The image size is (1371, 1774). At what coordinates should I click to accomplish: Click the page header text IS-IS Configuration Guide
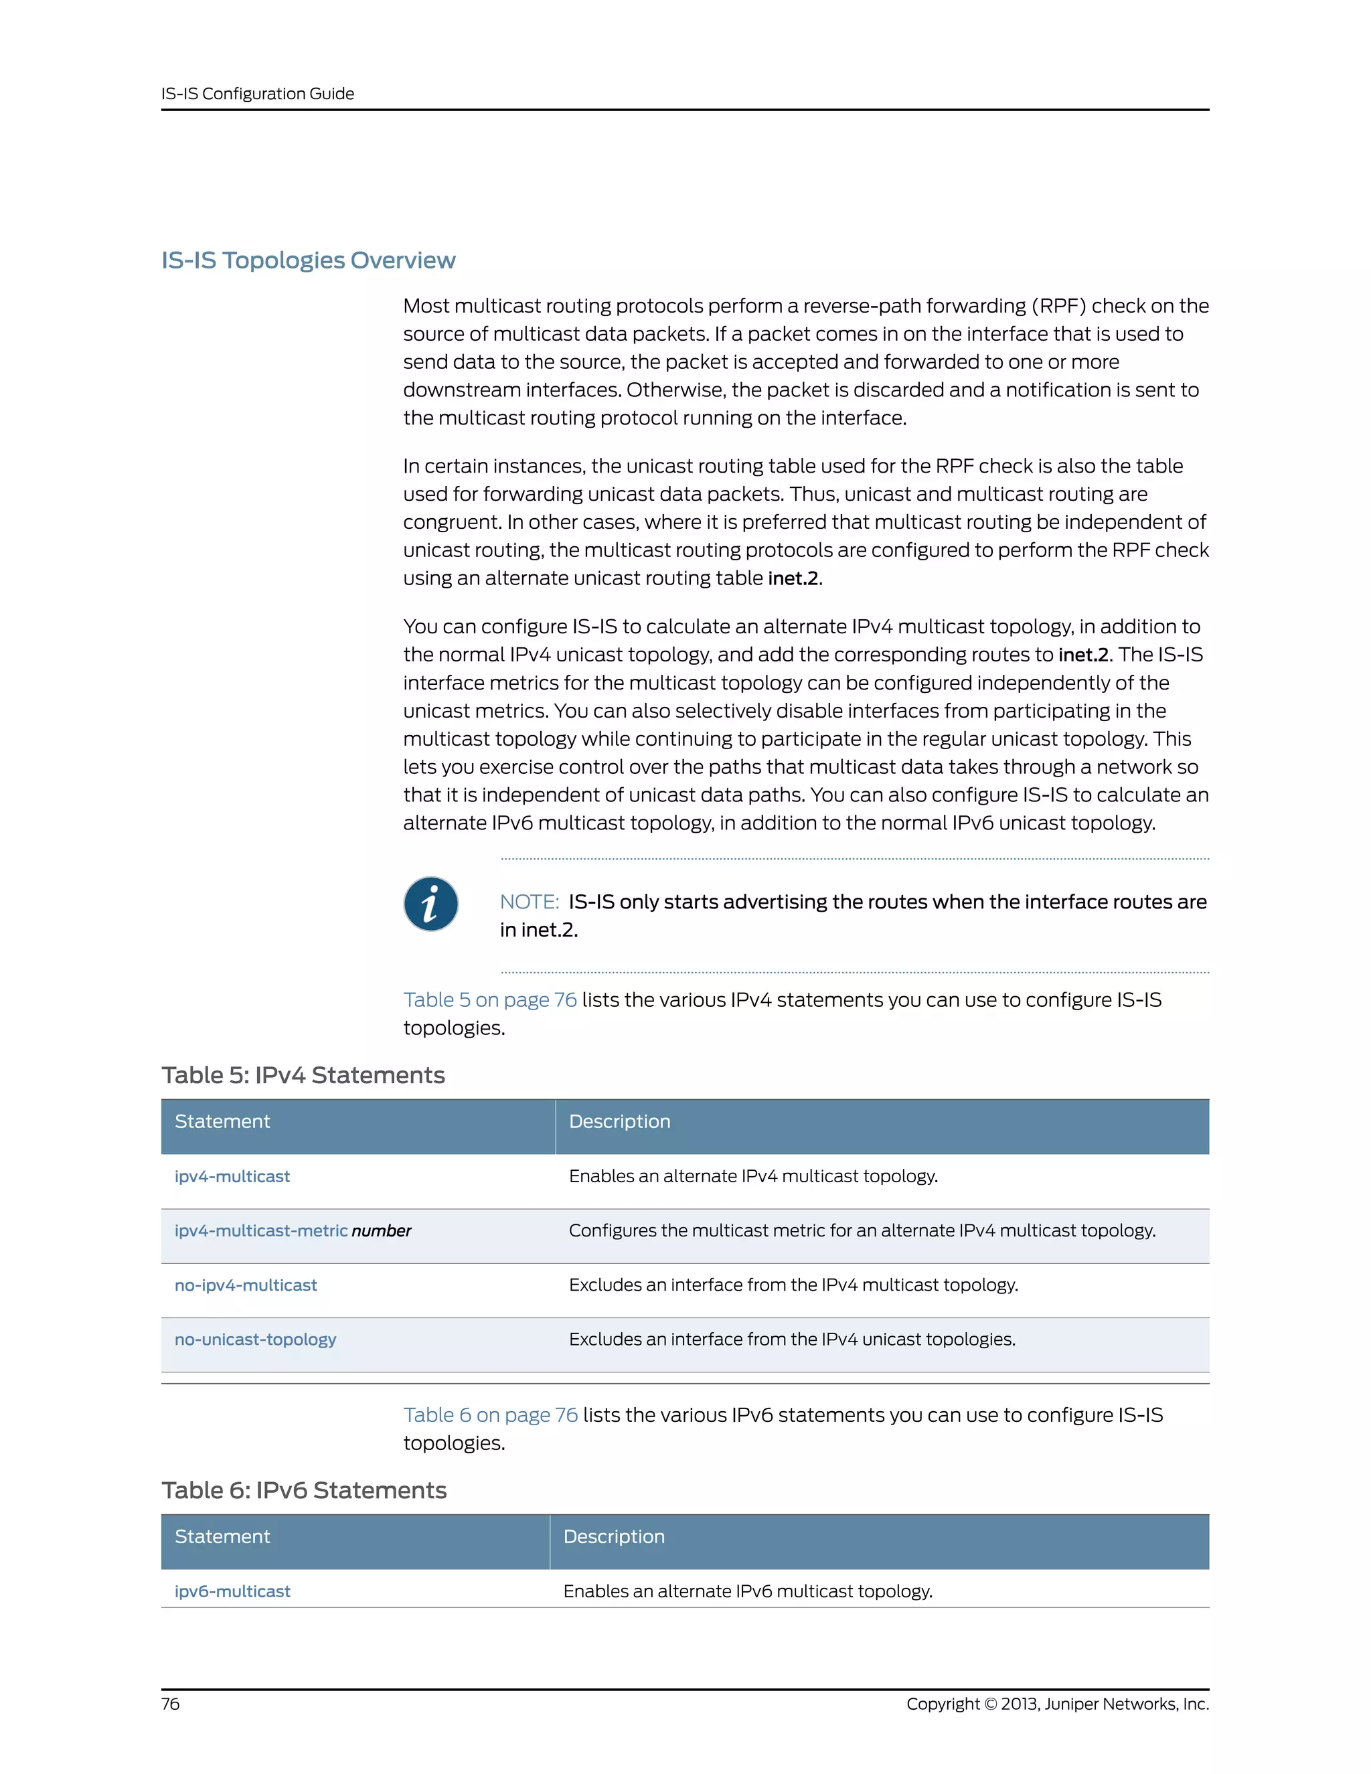click(258, 94)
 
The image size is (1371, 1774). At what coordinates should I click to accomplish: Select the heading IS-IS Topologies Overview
click(308, 260)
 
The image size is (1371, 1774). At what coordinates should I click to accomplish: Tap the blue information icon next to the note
click(430, 903)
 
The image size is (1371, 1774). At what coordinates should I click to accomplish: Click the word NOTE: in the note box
click(529, 902)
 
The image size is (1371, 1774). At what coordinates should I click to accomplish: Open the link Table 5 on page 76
click(490, 1000)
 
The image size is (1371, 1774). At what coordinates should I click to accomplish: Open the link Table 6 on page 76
click(491, 1415)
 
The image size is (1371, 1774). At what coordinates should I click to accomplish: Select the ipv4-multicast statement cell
click(232, 1176)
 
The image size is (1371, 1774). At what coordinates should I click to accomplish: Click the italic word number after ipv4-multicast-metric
click(381, 1230)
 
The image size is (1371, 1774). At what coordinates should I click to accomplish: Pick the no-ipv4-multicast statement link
click(245, 1285)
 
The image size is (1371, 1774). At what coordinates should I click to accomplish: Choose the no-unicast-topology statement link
click(255, 1340)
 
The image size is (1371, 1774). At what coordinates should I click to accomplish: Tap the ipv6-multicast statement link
click(232, 1591)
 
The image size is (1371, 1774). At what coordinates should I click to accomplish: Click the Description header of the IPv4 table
click(620, 1122)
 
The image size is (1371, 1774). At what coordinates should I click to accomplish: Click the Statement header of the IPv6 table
click(222, 1537)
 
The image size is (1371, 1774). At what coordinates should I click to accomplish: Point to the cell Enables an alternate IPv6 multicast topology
click(747, 1591)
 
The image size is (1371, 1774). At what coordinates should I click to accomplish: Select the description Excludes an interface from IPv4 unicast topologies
click(792, 1340)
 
